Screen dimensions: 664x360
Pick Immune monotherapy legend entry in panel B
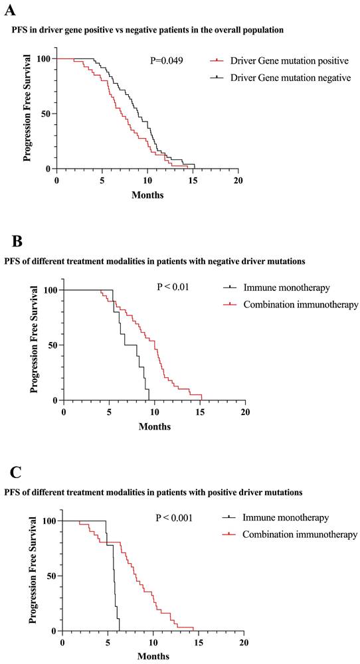(282, 288)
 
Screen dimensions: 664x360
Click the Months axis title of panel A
(147, 195)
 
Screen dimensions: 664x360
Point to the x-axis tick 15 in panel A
(193, 181)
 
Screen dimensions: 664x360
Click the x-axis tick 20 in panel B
(245, 412)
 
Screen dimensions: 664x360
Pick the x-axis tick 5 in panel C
(107, 643)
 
